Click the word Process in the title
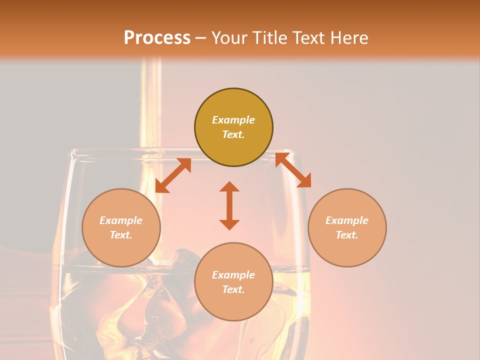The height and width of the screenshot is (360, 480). (x=157, y=37)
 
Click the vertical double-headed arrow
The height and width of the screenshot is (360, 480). (x=229, y=205)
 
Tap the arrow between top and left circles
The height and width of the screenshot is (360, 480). (x=173, y=175)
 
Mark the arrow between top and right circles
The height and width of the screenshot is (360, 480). (x=293, y=170)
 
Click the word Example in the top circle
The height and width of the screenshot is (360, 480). (x=233, y=120)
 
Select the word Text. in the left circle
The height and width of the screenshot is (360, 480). (x=121, y=235)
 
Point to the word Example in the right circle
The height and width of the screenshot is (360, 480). (x=347, y=220)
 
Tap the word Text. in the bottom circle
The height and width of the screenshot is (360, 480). (x=233, y=289)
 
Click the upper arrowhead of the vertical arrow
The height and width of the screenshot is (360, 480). (x=229, y=186)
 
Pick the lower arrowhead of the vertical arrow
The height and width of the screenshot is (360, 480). (x=229, y=224)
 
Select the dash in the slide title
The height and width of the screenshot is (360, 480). (x=200, y=38)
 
